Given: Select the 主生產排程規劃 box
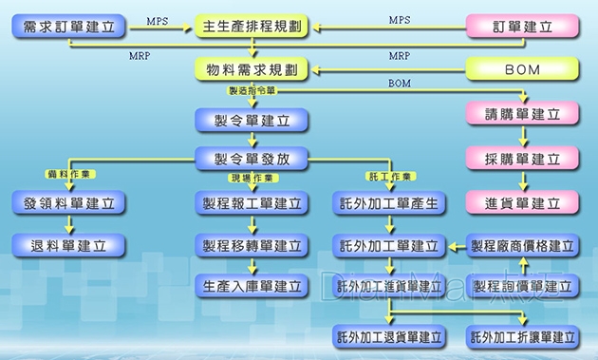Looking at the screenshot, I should point(252,27).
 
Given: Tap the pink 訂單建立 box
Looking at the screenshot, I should point(523,27).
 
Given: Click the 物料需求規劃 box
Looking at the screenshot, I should point(252,69).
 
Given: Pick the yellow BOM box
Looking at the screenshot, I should point(523,69).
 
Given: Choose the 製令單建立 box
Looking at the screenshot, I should point(252,120).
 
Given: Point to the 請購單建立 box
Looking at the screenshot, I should point(523,114).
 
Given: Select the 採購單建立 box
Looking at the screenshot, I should point(523,159).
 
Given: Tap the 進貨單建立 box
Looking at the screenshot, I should point(523,202).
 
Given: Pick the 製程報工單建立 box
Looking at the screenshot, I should point(252,203).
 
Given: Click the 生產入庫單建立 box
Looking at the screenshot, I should point(252,285).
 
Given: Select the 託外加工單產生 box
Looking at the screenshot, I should point(389,203).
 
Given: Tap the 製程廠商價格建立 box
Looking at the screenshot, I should point(523,245).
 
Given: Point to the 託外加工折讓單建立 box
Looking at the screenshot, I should point(523,337).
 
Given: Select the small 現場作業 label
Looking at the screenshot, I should point(252,178).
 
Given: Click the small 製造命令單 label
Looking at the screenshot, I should point(252,91).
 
